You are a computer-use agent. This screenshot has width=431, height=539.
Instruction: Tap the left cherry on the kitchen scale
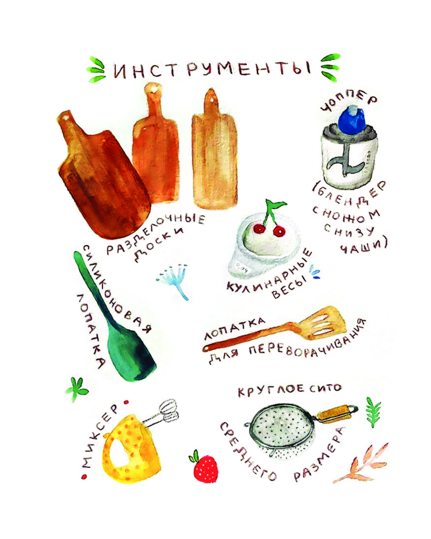point(259,228)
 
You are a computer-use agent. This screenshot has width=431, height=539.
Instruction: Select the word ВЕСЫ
point(289,288)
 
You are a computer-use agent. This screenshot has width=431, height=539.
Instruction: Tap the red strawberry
point(205,468)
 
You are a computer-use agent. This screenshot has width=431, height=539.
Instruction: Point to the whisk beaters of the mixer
point(168,411)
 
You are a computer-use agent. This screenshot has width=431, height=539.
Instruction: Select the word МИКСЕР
point(100,436)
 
